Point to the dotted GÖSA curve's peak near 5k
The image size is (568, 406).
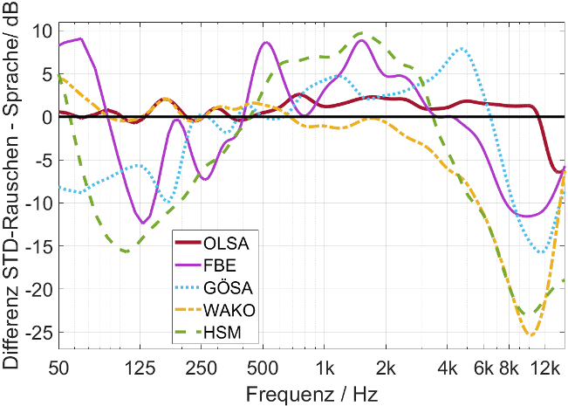coord(462,49)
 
